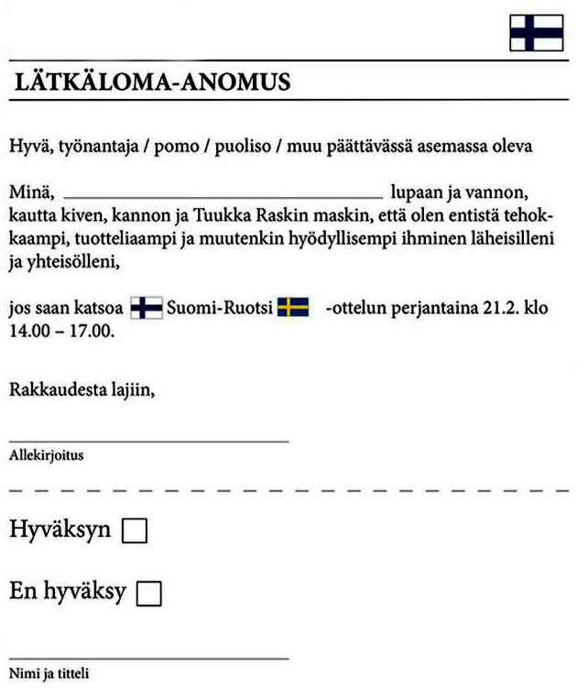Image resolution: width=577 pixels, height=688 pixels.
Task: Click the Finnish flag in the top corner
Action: point(536,33)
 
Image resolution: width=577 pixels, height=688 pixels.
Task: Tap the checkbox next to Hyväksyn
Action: point(135,531)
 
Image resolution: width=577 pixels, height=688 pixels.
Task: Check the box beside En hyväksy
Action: point(148,594)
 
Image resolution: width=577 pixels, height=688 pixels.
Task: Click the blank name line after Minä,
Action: point(223,196)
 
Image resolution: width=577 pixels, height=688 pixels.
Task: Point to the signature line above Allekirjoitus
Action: point(149,441)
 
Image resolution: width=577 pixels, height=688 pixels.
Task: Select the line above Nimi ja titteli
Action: point(149,657)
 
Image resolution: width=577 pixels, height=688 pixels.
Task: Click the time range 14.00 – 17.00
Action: point(60,331)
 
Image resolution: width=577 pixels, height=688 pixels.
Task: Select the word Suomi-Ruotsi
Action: point(220,308)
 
